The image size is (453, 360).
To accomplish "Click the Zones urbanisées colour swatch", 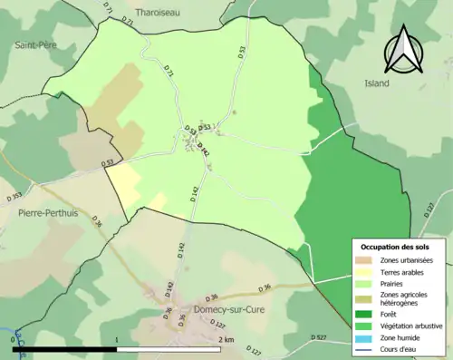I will tap(364, 261).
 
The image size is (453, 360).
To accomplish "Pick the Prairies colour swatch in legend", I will tap(364, 284).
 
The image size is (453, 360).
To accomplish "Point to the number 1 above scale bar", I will tap(116, 340).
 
